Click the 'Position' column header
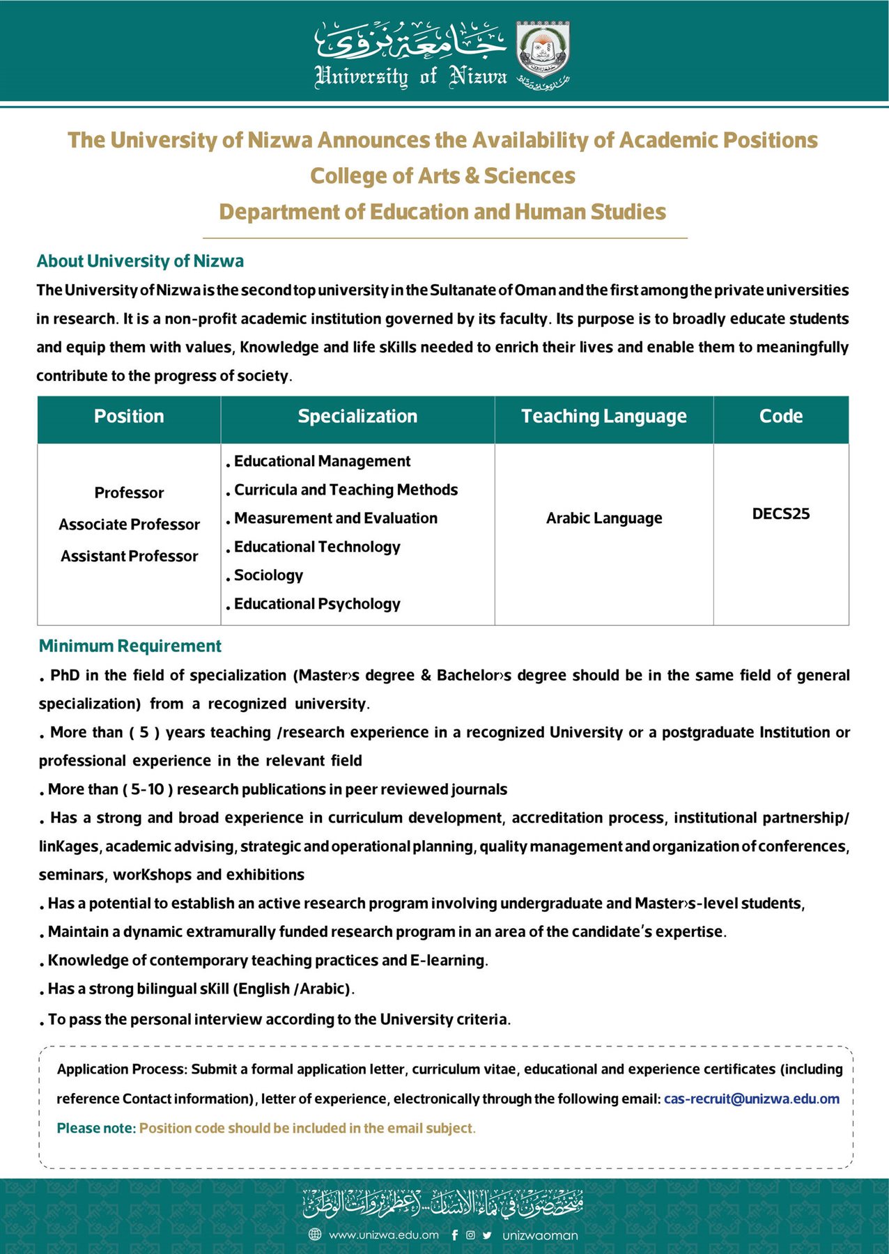129,417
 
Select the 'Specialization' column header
357,417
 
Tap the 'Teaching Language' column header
603,417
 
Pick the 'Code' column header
780,417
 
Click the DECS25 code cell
780,514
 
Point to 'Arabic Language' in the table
603,518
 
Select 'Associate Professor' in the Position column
129,525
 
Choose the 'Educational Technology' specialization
317,547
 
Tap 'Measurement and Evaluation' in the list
335,518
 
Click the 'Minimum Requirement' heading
130,646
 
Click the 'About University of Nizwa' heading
140,261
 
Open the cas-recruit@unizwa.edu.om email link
751,1099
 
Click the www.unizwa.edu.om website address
383,1235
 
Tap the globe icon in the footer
315,1235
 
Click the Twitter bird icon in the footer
487,1235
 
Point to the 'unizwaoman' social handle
540,1235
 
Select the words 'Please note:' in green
96,1128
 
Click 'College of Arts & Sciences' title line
442,176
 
